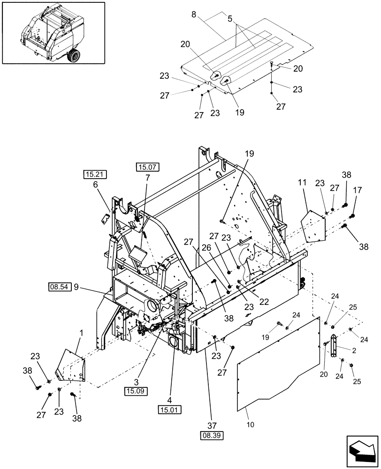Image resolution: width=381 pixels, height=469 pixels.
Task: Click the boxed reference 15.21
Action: [x=96, y=174]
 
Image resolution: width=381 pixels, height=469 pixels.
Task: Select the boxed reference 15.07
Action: [x=147, y=166]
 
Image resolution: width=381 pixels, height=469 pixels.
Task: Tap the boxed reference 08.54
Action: [x=60, y=286]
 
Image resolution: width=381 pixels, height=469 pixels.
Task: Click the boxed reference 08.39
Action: [x=213, y=435]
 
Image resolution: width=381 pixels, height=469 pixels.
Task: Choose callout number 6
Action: [x=96, y=185]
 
